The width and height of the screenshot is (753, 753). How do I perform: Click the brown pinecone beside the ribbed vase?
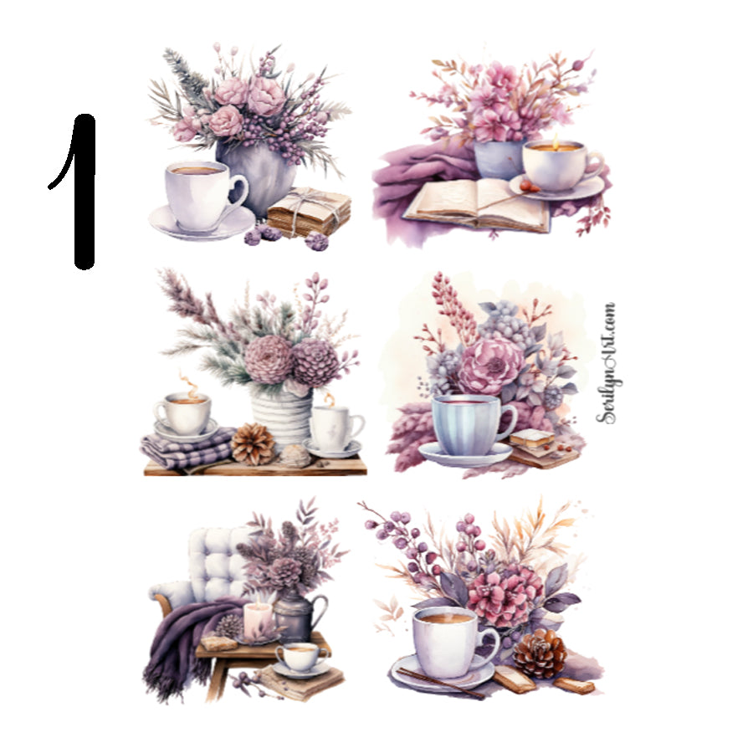pos(252,444)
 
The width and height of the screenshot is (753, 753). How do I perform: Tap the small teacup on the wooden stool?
pos(299,656)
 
